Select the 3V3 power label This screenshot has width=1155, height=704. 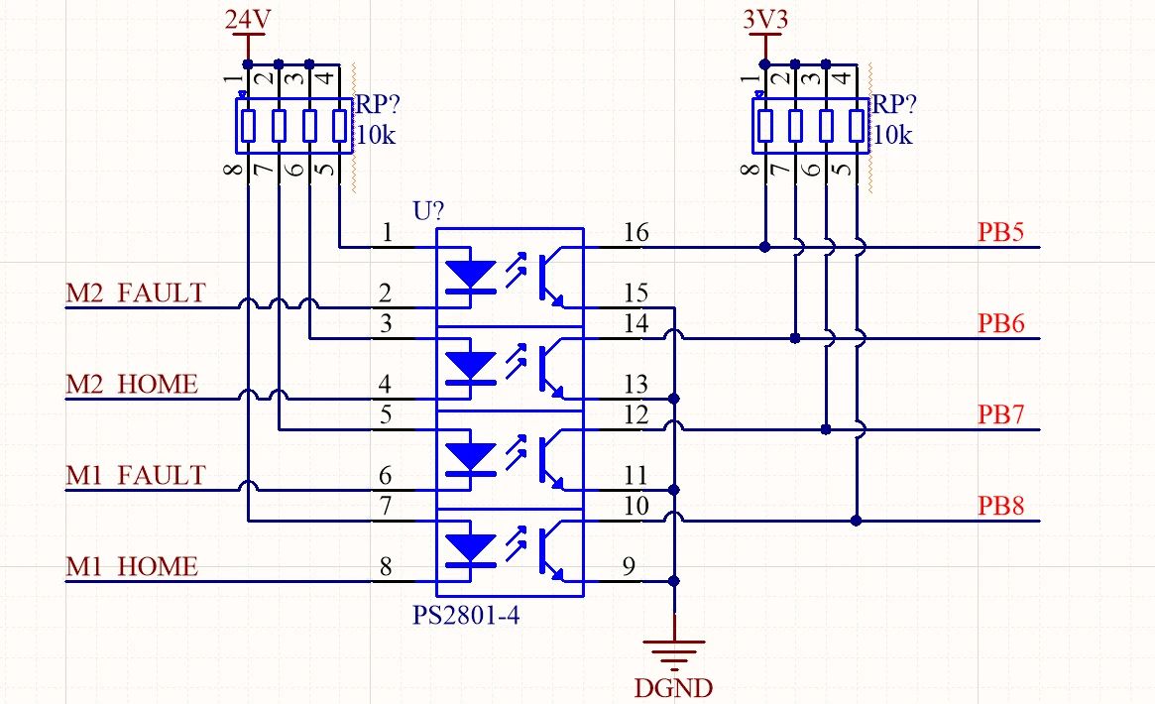tap(764, 19)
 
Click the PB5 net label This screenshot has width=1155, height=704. tap(1000, 232)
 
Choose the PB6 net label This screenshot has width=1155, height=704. tap(1000, 323)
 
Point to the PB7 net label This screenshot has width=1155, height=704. tap(1000, 414)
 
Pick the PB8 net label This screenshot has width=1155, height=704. tap(1000, 506)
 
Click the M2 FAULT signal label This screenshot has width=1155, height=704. tap(135, 293)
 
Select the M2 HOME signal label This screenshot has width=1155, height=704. tap(131, 384)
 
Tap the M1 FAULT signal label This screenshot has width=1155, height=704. tap(135, 475)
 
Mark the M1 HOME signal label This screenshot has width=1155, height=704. tap(131, 566)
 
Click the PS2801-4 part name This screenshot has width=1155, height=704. tap(466, 616)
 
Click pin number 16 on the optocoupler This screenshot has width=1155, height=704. tap(635, 233)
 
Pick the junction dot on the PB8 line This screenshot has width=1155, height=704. tap(857, 520)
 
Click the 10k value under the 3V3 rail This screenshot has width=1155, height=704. tap(893, 135)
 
